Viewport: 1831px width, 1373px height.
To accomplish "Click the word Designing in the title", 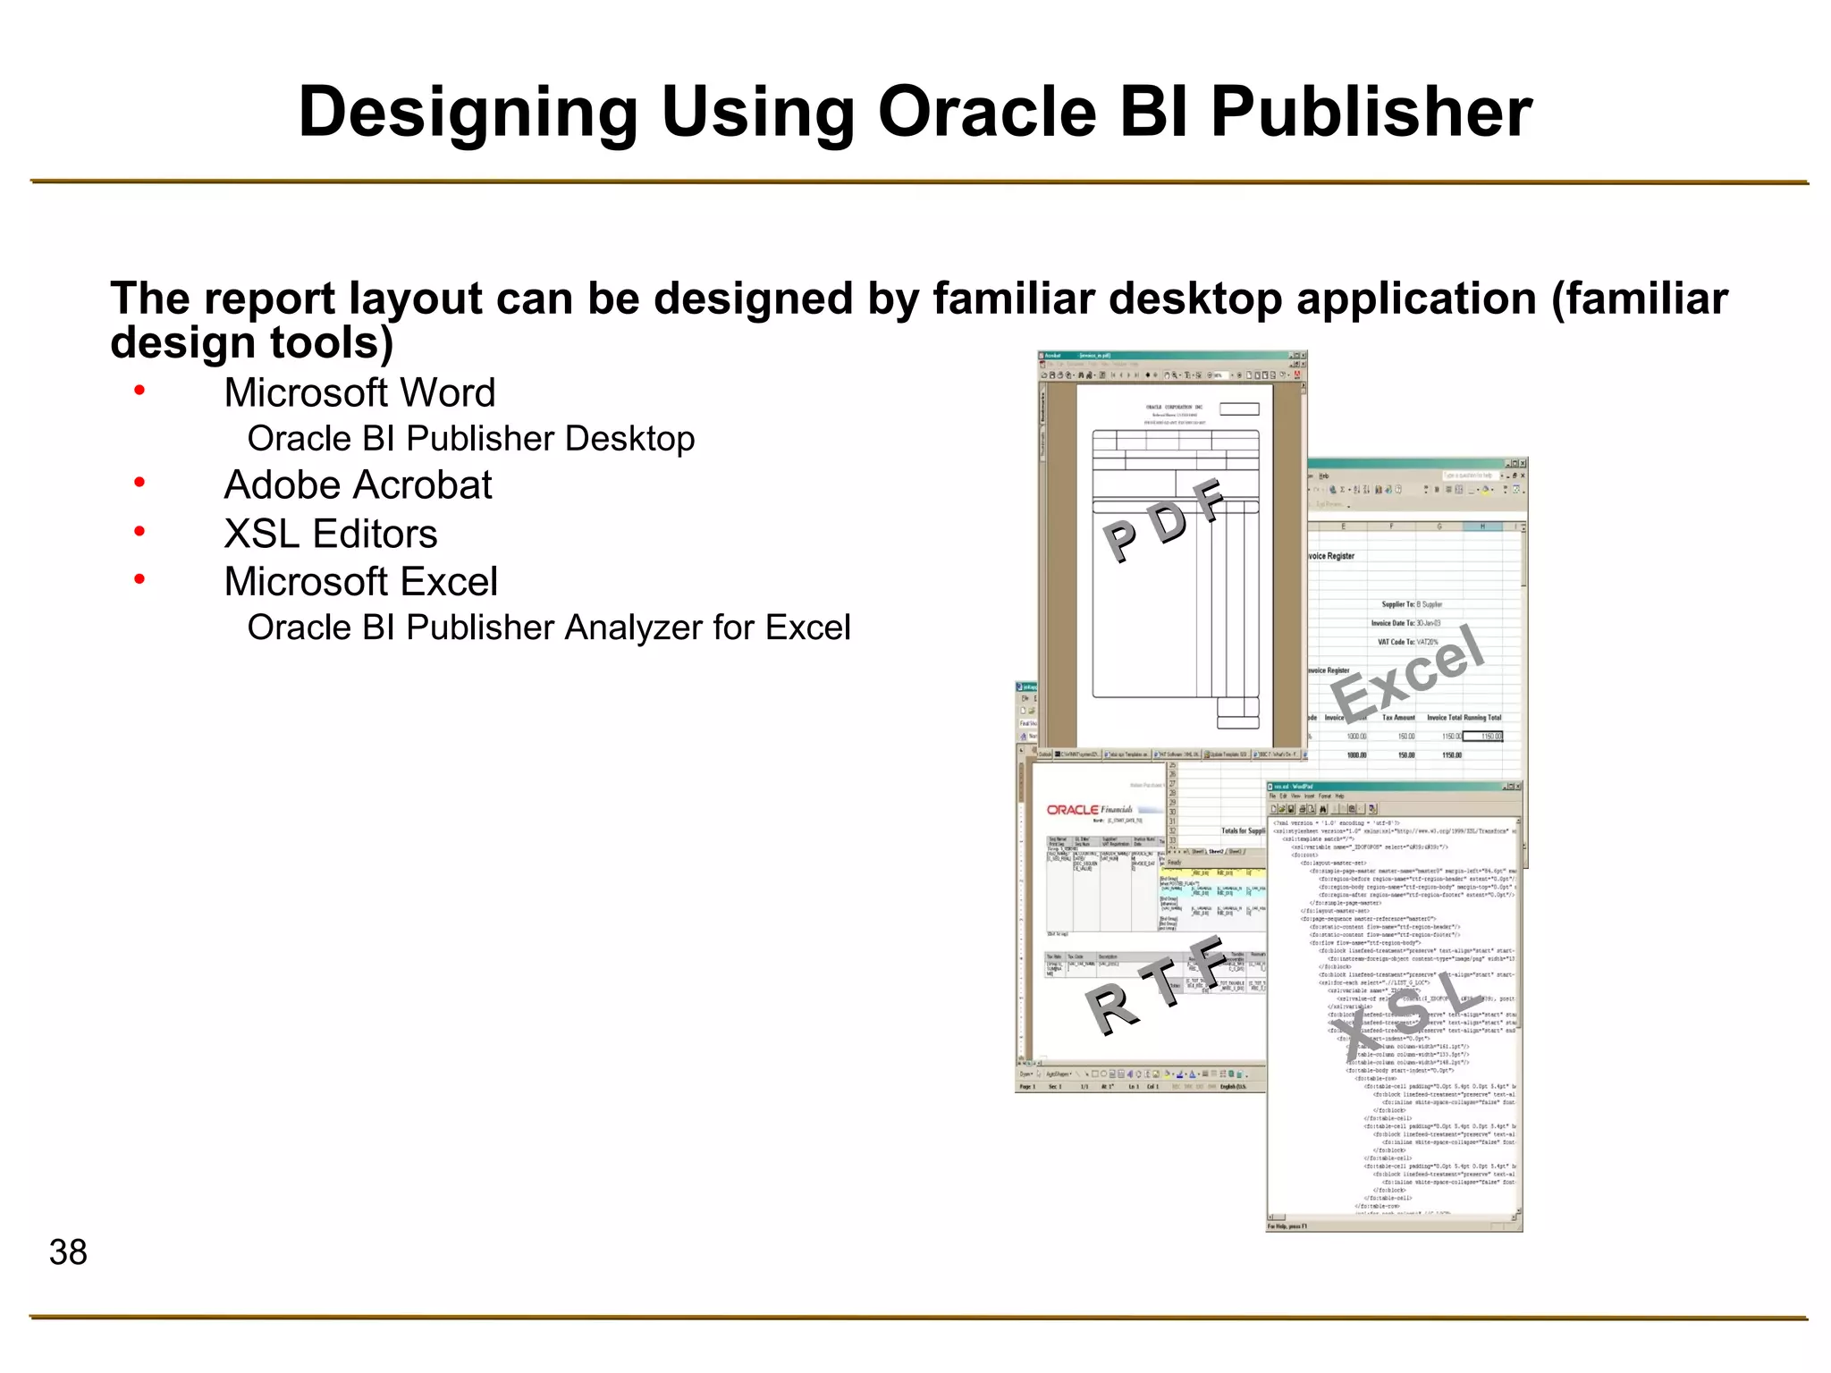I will [468, 114].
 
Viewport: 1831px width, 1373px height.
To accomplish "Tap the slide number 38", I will [68, 1252].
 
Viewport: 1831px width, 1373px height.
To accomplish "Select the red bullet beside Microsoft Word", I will [139, 390].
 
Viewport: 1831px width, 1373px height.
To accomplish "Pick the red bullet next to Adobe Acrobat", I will [139, 483].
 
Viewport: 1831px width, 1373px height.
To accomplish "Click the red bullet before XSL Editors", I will [139, 532].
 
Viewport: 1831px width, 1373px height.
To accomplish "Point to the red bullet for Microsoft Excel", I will [139, 579].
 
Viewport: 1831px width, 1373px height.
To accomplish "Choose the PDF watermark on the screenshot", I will [1163, 520].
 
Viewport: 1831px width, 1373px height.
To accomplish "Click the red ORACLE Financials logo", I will [1088, 810].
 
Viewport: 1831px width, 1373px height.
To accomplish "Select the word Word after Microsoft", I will [448, 393].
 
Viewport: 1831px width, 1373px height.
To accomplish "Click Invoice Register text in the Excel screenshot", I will [1331, 556].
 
